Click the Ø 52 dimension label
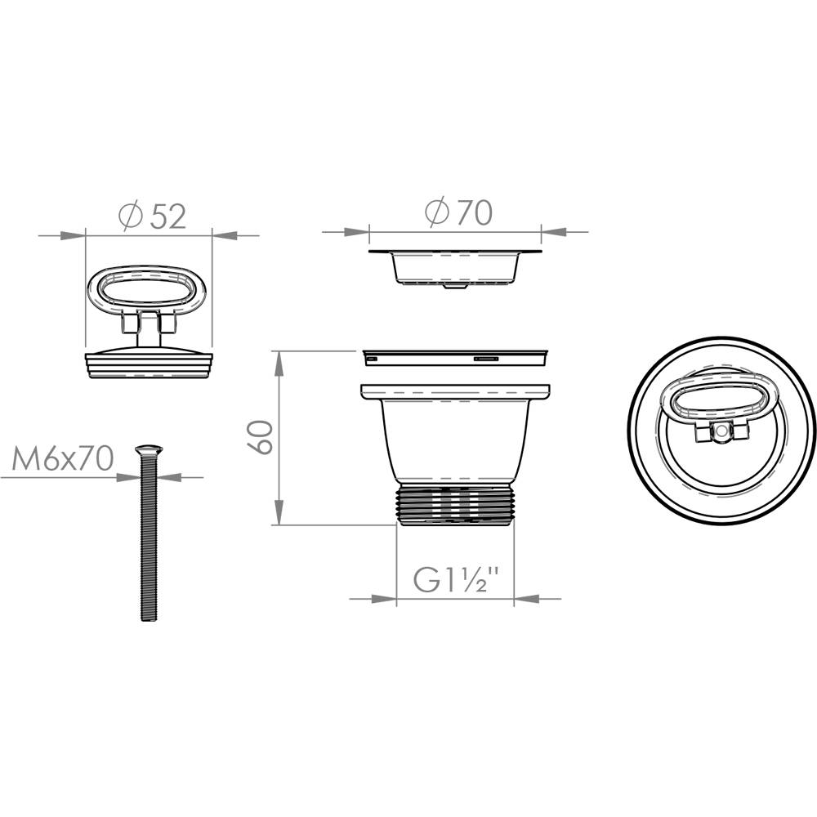[x=152, y=217]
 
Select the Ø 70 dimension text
[x=458, y=212]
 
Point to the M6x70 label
[x=63, y=459]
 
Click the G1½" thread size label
[x=457, y=579]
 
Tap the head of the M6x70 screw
[x=149, y=449]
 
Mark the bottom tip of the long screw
[x=149, y=620]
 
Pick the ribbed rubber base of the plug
[x=149, y=364]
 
